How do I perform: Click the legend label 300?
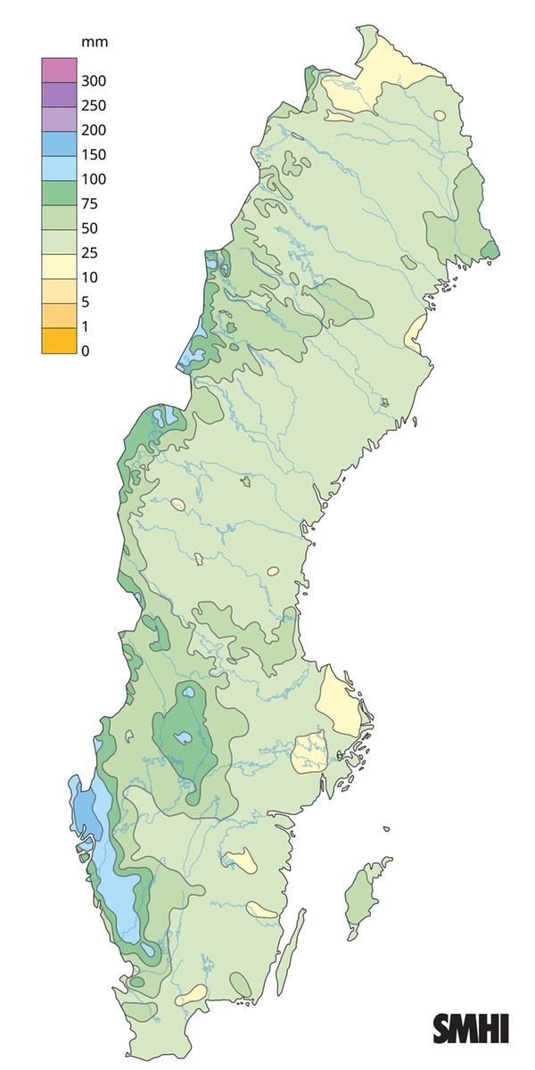pyautogui.click(x=94, y=81)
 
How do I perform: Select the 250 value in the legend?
pyautogui.click(x=94, y=105)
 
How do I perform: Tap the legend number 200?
pyautogui.click(x=94, y=130)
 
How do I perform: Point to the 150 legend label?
pyautogui.click(x=94, y=154)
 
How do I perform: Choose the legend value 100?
pyautogui.click(x=94, y=179)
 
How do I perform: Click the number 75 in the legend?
pyautogui.click(x=90, y=203)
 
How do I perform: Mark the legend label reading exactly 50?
pyautogui.click(x=90, y=228)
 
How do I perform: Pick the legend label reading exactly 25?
pyautogui.click(x=90, y=252)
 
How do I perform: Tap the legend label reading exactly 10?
pyautogui.click(x=90, y=277)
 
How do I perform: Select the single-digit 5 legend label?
pyautogui.click(x=86, y=301)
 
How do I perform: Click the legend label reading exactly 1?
pyautogui.click(x=86, y=326)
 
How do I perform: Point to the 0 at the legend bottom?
pyautogui.click(x=86, y=350)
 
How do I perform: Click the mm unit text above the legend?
pyautogui.click(x=94, y=42)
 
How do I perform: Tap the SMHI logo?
pyautogui.click(x=471, y=1028)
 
